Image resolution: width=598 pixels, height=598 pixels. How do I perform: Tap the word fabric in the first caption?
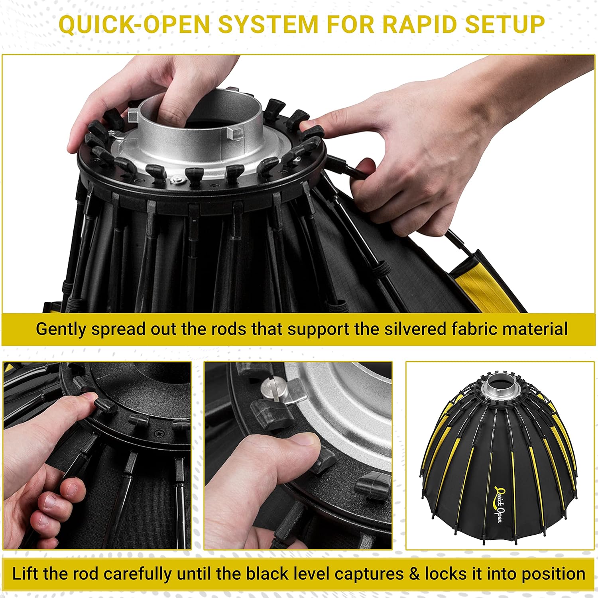tap(472, 329)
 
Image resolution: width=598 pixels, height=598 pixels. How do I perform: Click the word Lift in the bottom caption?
tap(26, 574)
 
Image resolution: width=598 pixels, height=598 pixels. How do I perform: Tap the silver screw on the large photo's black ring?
tap(175, 182)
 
